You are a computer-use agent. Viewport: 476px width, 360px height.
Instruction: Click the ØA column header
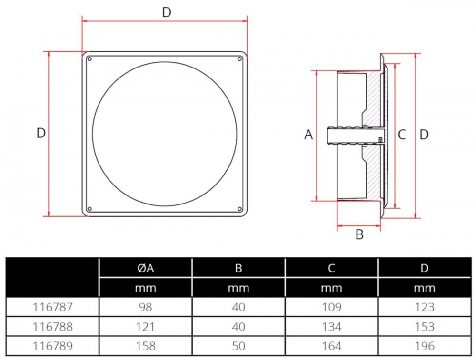(x=145, y=268)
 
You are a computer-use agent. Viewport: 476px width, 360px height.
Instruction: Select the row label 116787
(x=53, y=307)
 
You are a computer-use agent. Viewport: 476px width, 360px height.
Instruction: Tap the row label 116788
(x=53, y=327)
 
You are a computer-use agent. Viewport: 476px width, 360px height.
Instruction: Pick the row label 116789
(x=53, y=346)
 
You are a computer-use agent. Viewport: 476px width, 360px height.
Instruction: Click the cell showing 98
(x=145, y=307)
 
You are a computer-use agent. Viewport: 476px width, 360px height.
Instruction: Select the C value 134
(x=331, y=327)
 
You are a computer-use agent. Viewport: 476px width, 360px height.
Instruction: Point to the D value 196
(x=424, y=346)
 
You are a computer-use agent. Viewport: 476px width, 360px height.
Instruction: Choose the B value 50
(x=238, y=346)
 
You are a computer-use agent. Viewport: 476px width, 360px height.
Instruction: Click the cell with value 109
(x=331, y=307)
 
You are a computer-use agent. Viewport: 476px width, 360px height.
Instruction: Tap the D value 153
(x=424, y=327)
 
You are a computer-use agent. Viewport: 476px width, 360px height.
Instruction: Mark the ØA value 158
(x=145, y=346)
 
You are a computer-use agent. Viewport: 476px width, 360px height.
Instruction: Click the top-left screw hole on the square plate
(x=89, y=59)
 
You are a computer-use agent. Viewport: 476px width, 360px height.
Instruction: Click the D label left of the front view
(x=41, y=133)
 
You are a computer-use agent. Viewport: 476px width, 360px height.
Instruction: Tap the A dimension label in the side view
(x=308, y=135)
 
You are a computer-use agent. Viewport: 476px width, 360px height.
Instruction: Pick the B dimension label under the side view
(x=360, y=234)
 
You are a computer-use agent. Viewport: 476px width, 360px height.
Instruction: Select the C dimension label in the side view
(x=402, y=135)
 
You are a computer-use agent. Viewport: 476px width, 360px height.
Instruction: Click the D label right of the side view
(x=424, y=135)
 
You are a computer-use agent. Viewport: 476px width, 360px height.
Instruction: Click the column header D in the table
(x=424, y=268)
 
